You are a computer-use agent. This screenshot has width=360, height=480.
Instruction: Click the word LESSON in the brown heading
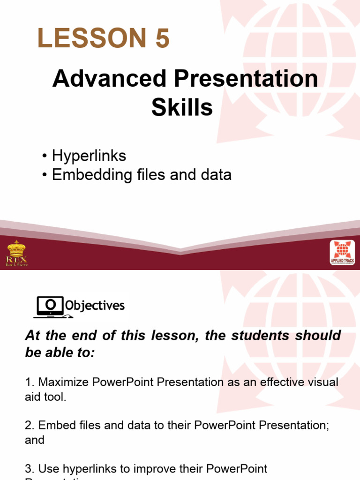(x=89, y=38)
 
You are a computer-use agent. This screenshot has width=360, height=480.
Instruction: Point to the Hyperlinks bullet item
(x=89, y=156)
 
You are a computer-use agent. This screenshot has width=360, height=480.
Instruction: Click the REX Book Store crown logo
(x=17, y=253)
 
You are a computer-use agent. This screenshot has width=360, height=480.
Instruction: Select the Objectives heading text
(x=95, y=306)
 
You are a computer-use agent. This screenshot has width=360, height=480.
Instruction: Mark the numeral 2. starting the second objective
(x=29, y=425)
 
